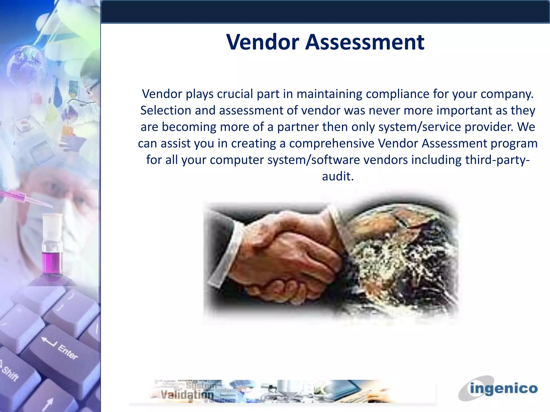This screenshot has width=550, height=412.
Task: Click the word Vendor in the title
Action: click(262, 42)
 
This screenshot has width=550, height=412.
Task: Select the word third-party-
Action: click(497, 160)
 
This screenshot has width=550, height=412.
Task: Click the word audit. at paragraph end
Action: click(338, 176)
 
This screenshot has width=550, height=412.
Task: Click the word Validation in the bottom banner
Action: click(187, 395)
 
